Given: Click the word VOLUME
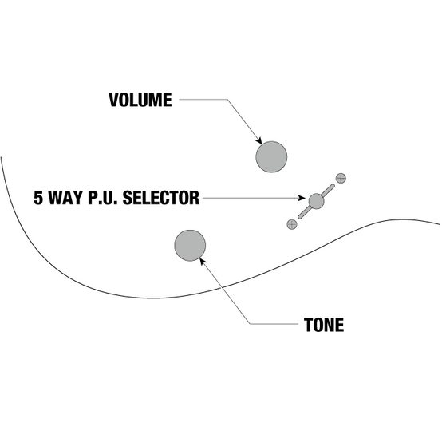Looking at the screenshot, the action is [140, 100].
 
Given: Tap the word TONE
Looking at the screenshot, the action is [324, 325].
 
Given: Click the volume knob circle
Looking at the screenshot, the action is [271, 156].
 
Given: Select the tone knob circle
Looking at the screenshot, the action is [190, 246].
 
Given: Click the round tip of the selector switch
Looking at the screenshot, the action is [316, 201].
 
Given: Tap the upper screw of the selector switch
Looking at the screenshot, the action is [341, 178].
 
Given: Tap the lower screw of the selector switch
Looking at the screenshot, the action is [292, 224].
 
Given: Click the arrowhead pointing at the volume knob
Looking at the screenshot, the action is [258, 140].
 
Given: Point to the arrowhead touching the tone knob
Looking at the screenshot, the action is [203, 262].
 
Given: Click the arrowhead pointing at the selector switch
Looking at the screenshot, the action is [302, 198].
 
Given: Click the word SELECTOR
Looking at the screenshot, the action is [161, 198].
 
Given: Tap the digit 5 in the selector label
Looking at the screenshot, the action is [38, 198].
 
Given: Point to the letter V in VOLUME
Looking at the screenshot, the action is [113, 100].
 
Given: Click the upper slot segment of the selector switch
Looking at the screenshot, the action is [329, 190].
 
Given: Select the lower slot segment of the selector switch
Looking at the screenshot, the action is [305, 212].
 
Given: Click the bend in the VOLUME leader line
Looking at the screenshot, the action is [227, 99].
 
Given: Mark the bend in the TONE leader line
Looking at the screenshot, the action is [250, 324].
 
